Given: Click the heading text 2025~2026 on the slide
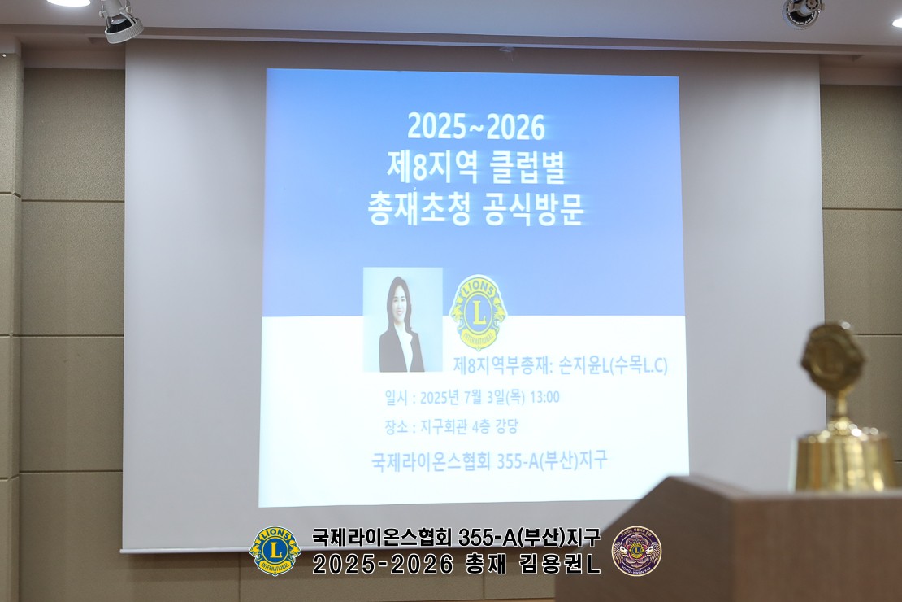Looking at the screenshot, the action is point(475,127).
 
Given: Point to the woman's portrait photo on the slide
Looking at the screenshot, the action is point(403,320).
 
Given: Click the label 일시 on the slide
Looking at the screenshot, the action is point(396,398).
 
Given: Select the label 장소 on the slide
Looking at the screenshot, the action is point(396,427).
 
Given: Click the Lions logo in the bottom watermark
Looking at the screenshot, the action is point(275,550).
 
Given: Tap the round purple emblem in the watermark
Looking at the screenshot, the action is point(636,550).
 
